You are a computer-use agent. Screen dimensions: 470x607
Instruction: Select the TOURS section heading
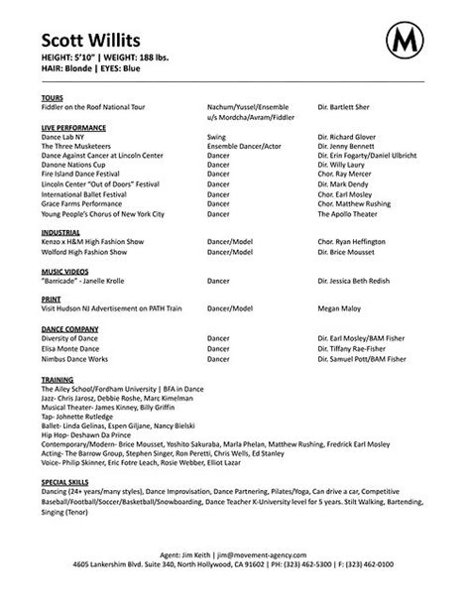[x=55, y=99]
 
